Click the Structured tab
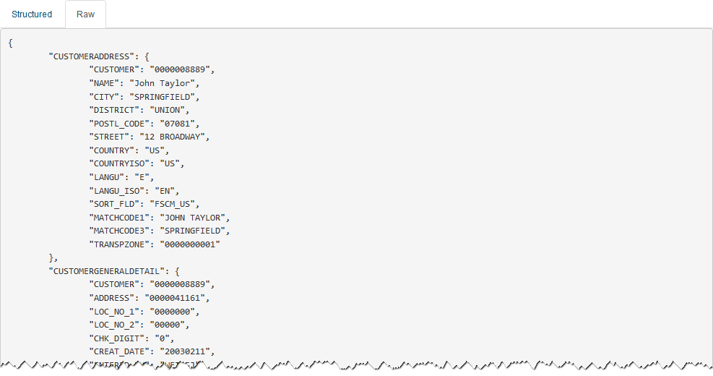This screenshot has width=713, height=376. point(32,14)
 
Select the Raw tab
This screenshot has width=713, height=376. point(85,14)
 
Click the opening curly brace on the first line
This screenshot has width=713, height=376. point(11,43)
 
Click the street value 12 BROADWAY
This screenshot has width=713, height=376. point(173,137)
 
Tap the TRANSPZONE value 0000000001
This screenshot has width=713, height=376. point(186,244)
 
